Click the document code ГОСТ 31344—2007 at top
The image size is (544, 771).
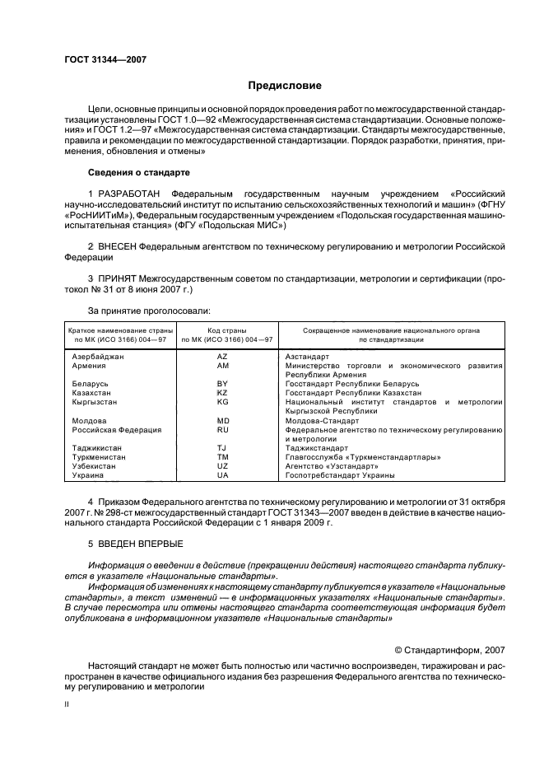pyautogui.click(x=105, y=59)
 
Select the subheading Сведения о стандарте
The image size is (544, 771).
pyautogui.click(x=138, y=173)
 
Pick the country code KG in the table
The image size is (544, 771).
pyautogui.click(x=222, y=402)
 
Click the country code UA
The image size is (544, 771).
pyautogui.click(x=222, y=475)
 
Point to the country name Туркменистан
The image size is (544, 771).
pyautogui.click(x=102, y=457)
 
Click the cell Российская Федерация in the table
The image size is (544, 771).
pyautogui.click(x=116, y=430)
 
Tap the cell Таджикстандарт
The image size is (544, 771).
pyautogui.click(x=317, y=448)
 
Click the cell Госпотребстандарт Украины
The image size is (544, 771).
pyautogui.click(x=340, y=475)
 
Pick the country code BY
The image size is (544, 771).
pyautogui.click(x=222, y=384)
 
